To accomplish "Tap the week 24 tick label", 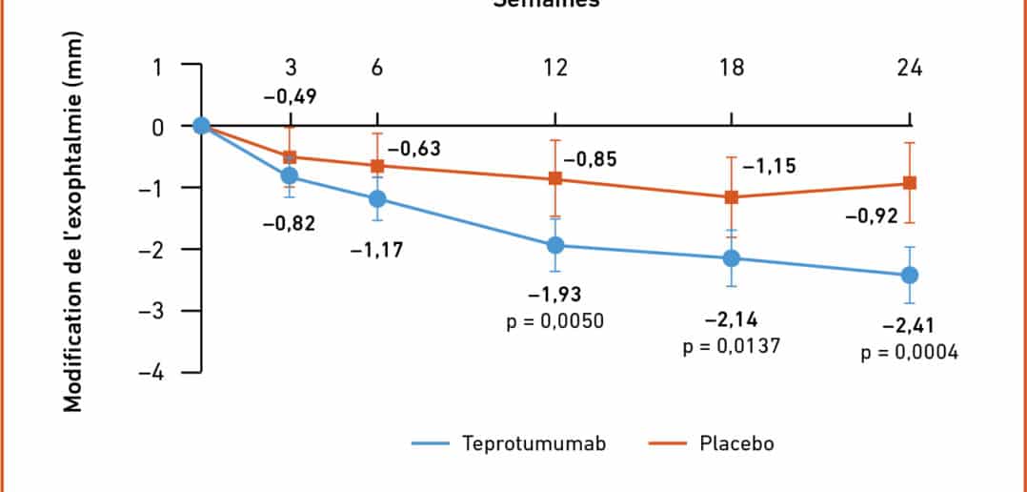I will (x=909, y=68).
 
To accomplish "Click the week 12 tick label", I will (x=555, y=68).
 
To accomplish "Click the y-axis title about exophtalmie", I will (x=73, y=224).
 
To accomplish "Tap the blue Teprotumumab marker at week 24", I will (x=910, y=275).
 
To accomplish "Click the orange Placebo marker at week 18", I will (x=732, y=197).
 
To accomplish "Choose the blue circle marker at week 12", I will (x=555, y=245).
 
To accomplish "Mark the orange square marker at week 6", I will (x=377, y=165).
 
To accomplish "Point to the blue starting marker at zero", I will (x=201, y=126).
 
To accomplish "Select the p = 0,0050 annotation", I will (x=555, y=318).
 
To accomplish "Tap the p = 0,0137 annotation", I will (x=732, y=346).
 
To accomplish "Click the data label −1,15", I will (x=769, y=167).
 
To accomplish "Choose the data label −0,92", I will (x=870, y=217).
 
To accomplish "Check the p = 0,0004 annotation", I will (x=910, y=353).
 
